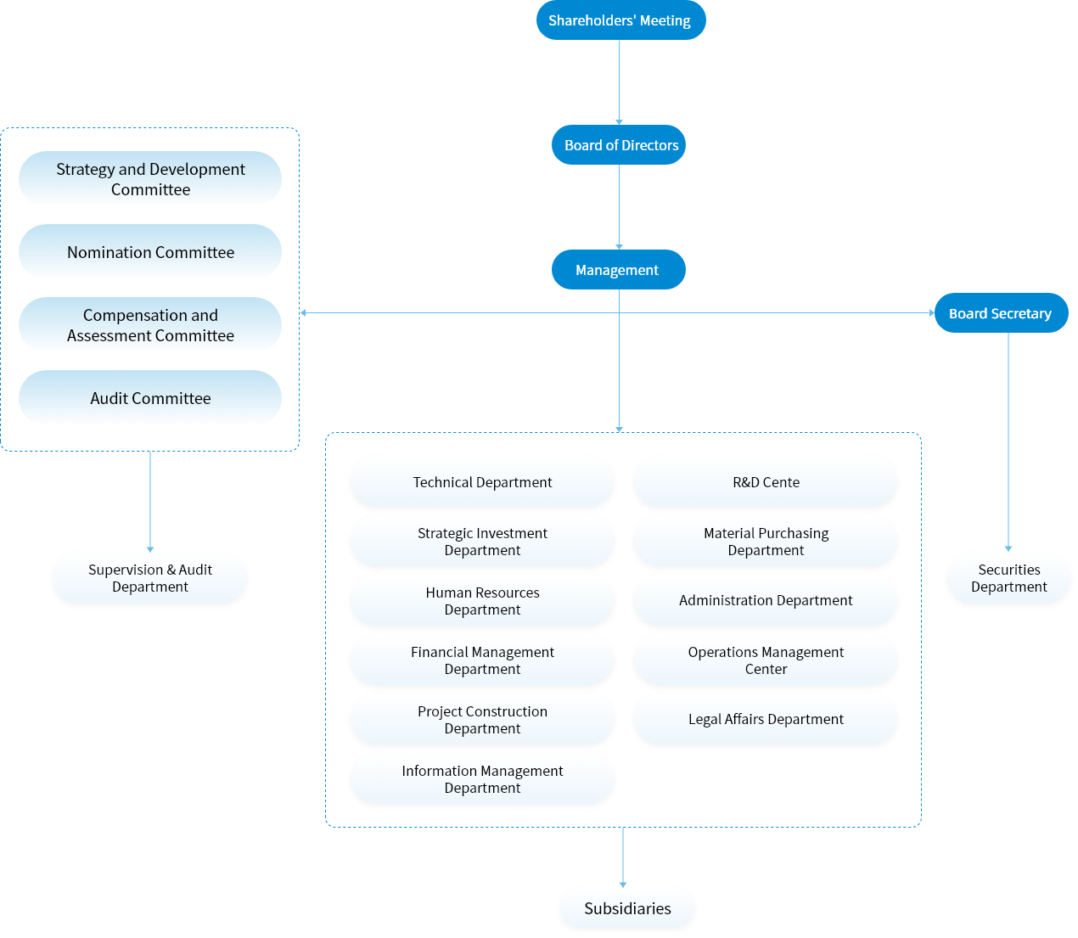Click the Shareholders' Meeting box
(620, 20)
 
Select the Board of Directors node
(619, 145)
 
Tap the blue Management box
(618, 270)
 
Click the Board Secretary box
(1001, 313)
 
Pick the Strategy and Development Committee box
(150, 179)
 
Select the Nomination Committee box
(150, 252)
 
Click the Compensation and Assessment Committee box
(150, 325)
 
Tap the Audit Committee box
(150, 398)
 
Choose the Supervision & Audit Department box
(150, 579)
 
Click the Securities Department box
(1008, 579)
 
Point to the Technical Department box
(482, 482)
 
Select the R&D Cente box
(766, 482)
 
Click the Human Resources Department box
(482, 601)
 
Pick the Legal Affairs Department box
(766, 720)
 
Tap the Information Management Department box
(482, 779)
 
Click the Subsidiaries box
(627, 909)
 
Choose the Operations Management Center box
(766, 660)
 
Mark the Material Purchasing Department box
(766, 542)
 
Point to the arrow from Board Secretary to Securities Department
(1008, 441)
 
